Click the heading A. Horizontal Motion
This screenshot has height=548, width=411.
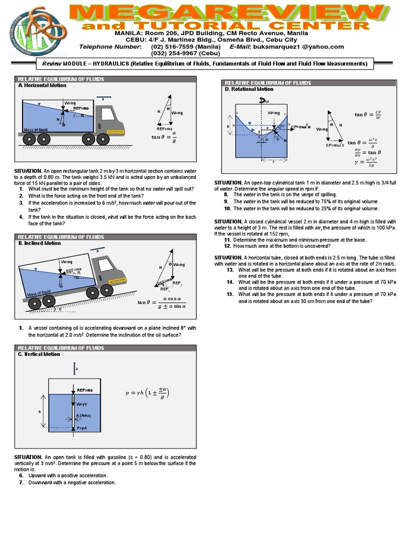coord(42,85)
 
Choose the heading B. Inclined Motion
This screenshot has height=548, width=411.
coord(40,243)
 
